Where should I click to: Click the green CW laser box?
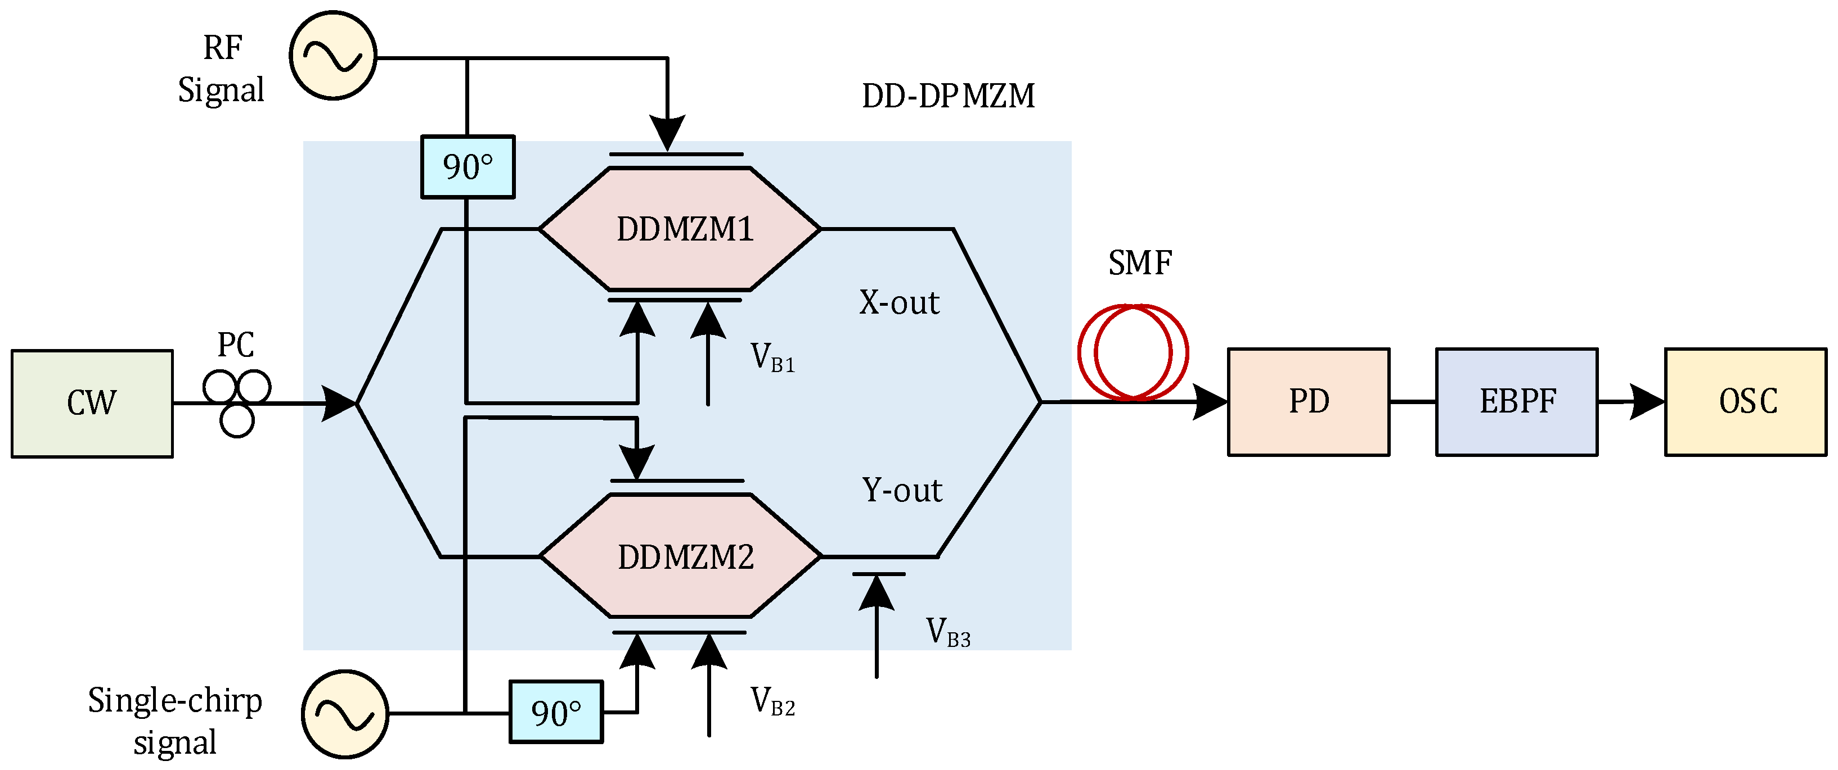92,404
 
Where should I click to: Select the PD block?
1308,402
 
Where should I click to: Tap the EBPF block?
1516,402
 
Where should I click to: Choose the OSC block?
1745,402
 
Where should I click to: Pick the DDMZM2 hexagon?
681,556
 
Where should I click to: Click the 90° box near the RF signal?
468,167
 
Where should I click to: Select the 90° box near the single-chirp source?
556,712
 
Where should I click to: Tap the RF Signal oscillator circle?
332,56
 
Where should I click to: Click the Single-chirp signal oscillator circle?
345,714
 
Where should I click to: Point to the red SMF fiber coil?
1133,352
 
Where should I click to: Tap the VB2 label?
772,701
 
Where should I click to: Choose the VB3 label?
947,632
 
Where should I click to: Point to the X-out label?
898,303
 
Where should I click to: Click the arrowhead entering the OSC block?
1647,402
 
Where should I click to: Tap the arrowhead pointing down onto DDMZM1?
667,132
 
